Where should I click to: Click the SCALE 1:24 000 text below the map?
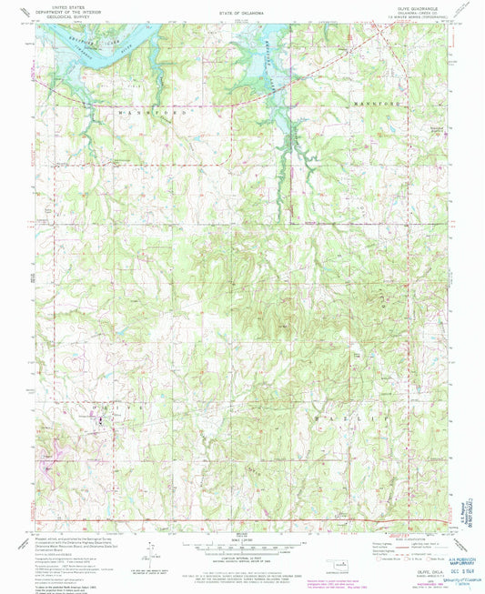click(241, 540)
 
